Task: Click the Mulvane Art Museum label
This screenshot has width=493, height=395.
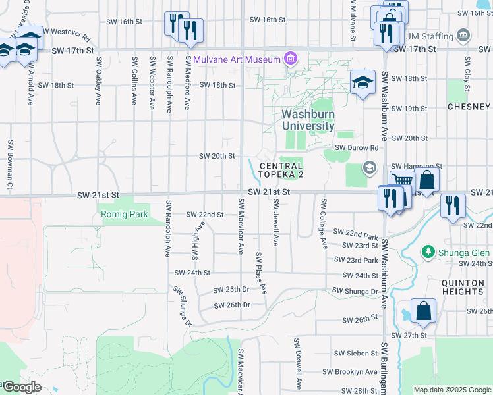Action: (x=237, y=59)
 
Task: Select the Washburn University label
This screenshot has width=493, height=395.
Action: (x=308, y=120)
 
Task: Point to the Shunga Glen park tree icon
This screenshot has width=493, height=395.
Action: (x=428, y=251)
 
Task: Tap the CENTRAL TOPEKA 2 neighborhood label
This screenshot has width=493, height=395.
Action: (x=281, y=170)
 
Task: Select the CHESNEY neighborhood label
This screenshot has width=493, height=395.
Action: (x=469, y=107)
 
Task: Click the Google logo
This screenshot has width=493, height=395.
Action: (x=21, y=386)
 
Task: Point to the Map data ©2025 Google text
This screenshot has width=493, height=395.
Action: (x=451, y=390)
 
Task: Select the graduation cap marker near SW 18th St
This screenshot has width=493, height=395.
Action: (x=362, y=82)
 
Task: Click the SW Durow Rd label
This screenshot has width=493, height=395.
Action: (x=357, y=148)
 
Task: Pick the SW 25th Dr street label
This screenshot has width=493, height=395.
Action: (x=231, y=290)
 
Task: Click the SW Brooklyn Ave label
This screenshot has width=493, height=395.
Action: (x=356, y=372)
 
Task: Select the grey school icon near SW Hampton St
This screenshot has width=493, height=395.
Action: (x=369, y=167)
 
